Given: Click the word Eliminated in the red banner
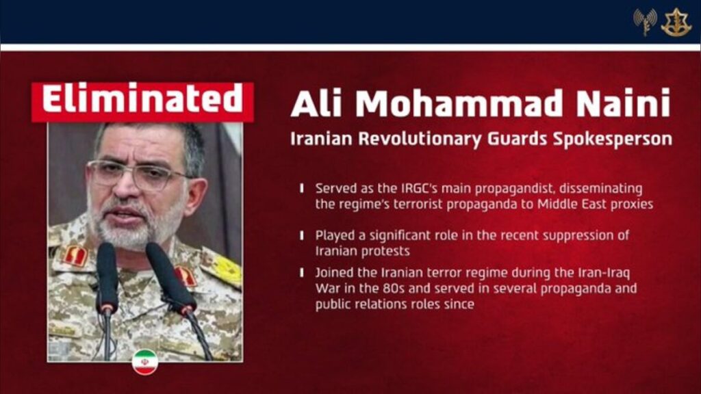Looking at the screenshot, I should [x=142, y=101].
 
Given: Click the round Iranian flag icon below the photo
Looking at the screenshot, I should [x=144, y=362].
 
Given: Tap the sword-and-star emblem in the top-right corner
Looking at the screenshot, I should [x=676, y=23].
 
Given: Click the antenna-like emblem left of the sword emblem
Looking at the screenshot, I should [x=645, y=23].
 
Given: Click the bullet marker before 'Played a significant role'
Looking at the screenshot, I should [x=302, y=235].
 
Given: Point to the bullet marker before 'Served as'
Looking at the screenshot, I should [x=302, y=188].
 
